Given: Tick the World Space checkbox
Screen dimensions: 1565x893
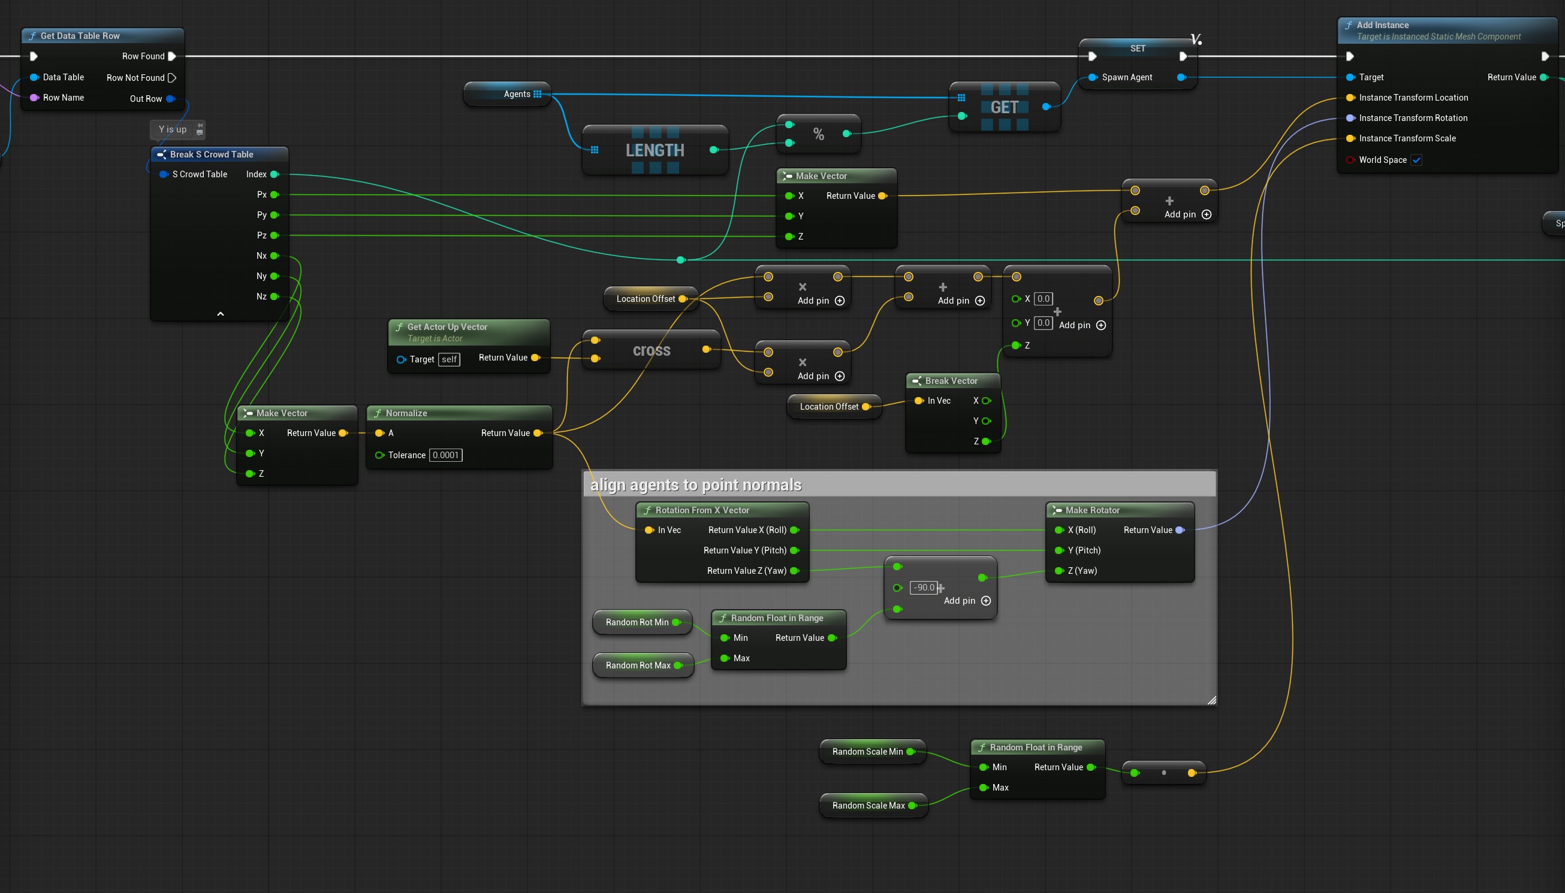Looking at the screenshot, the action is click(1416, 160).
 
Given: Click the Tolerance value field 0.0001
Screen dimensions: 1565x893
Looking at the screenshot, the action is click(445, 455).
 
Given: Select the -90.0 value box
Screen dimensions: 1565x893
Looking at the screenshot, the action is click(924, 588).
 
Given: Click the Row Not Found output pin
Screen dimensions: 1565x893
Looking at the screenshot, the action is click(172, 78).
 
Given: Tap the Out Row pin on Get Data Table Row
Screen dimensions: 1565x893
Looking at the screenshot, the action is click(170, 99).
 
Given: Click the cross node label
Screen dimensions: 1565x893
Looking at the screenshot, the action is click(651, 350).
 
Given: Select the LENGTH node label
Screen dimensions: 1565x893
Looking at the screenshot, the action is click(655, 150).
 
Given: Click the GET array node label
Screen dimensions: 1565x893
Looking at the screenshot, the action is click(1004, 107).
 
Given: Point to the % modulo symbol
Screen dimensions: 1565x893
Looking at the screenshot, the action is click(818, 134).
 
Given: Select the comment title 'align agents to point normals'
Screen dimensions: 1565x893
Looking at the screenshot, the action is click(696, 485).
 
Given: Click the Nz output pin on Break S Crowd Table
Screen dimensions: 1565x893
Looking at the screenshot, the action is click(275, 297).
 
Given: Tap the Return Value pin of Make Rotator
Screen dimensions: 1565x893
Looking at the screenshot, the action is click(1179, 530).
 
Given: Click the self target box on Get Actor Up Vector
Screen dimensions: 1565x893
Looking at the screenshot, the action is click(448, 359).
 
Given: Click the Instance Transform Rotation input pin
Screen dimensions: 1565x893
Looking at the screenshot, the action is click(1350, 118).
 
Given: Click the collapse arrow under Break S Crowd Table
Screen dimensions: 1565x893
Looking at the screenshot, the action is click(221, 314).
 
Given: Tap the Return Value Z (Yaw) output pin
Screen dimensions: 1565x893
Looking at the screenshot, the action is click(795, 571).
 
